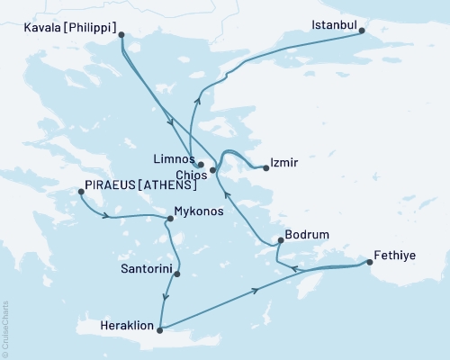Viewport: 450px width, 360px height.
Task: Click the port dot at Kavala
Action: point(121,35)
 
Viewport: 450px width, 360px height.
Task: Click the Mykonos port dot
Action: point(170,219)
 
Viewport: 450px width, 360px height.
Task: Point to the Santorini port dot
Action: point(177,274)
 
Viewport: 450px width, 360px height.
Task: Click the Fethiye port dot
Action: point(370,263)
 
